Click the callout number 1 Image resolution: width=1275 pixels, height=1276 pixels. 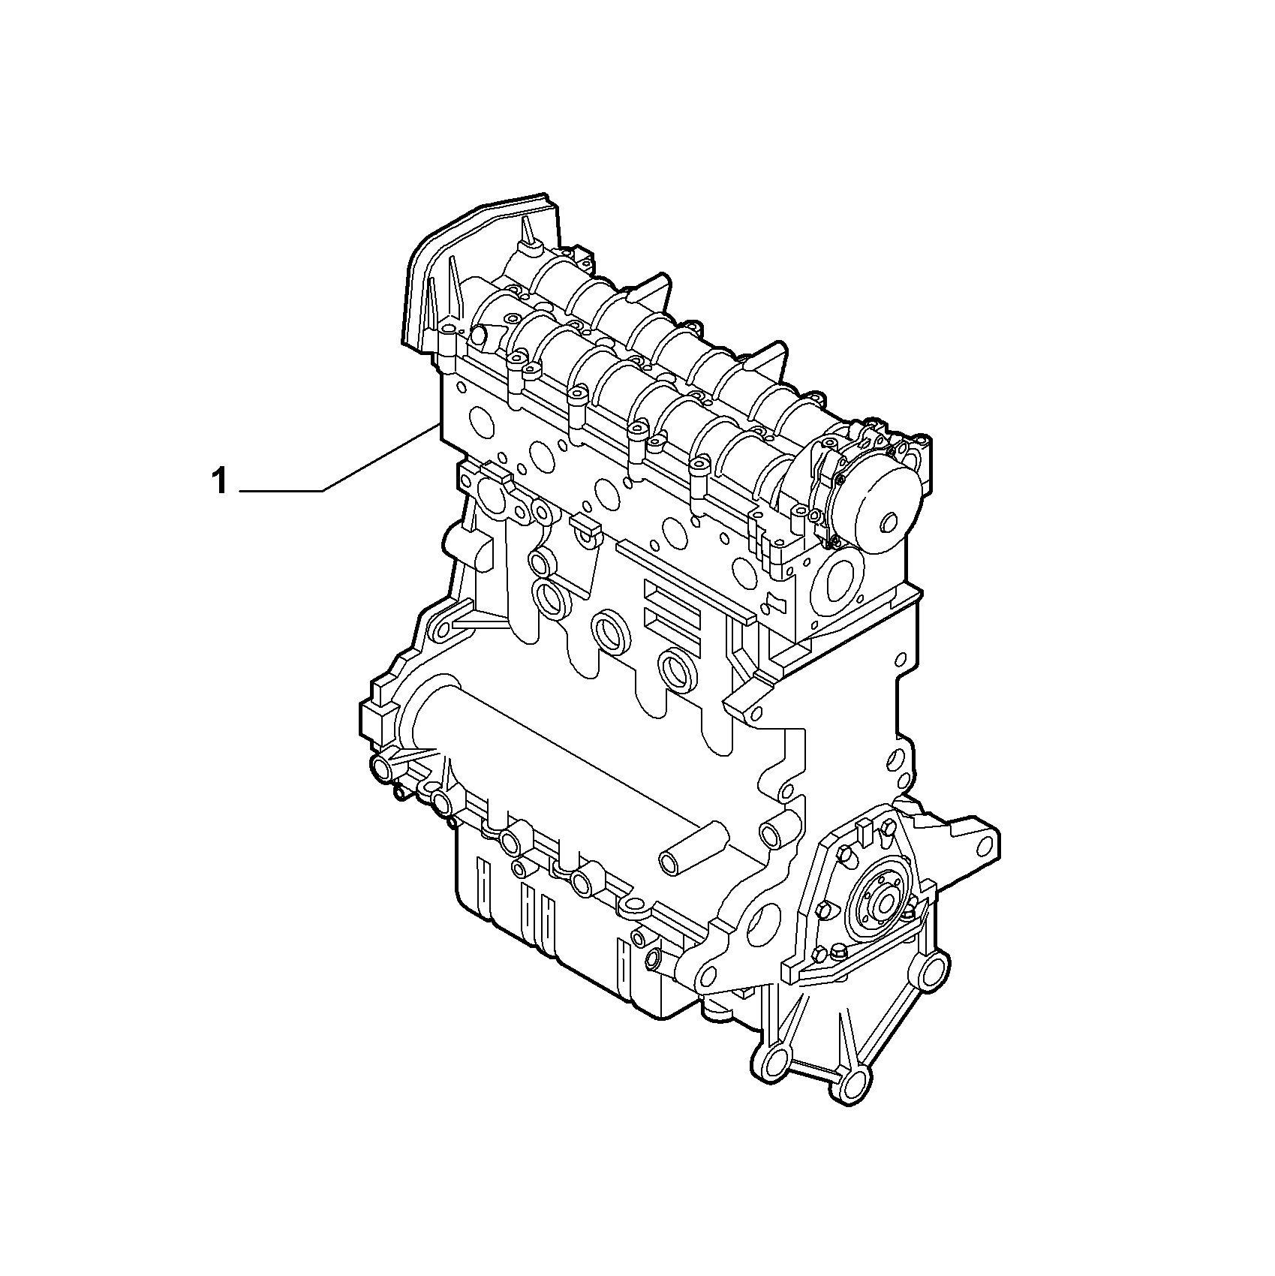pyautogui.click(x=219, y=481)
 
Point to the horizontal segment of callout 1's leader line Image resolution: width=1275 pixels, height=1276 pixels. pyautogui.click(x=281, y=491)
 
